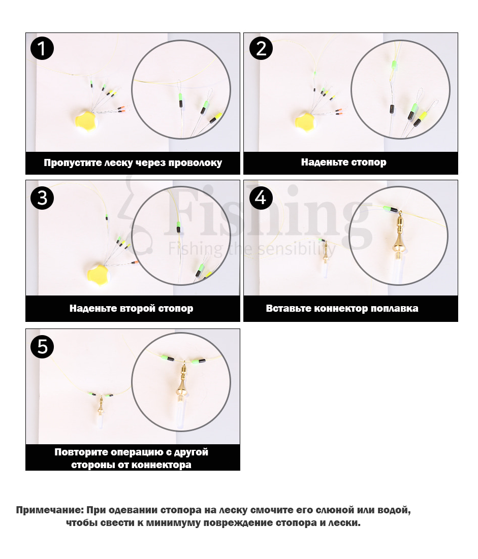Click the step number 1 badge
tap(42, 49)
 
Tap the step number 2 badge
tap(261, 49)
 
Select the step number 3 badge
tap(42, 197)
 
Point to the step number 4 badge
tap(261, 197)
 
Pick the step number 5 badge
tap(42, 346)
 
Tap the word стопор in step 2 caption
tap(368, 162)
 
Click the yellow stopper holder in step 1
tap(86, 121)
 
